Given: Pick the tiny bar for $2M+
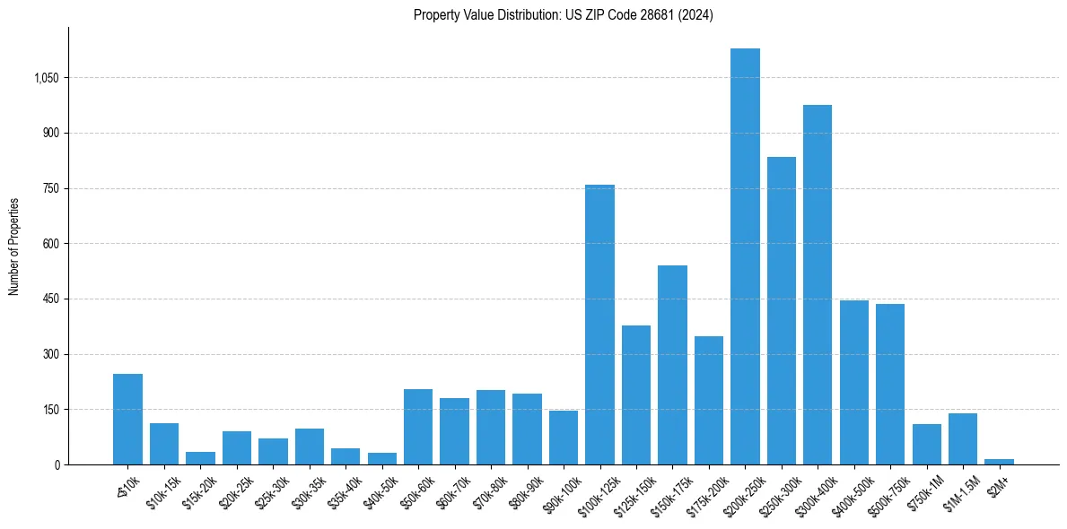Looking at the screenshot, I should pyautogui.click(x=999, y=462).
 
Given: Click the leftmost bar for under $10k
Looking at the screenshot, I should pyautogui.click(x=127, y=420).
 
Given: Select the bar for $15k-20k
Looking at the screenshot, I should pyautogui.click(x=200, y=458).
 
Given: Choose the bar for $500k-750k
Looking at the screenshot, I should pyautogui.click(x=890, y=385).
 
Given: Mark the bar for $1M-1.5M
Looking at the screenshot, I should pyautogui.click(x=963, y=439).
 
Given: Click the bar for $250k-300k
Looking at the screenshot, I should pyautogui.click(x=781, y=311).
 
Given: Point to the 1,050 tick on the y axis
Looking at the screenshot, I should pyautogui.click(x=46, y=78).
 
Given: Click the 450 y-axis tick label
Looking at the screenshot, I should pyautogui.click(x=50, y=299).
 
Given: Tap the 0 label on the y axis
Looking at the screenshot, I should pyautogui.click(x=56, y=464).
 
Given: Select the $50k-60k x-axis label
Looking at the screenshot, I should pyautogui.click(x=415, y=491).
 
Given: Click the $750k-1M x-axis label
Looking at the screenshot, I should pyautogui.click(x=923, y=492).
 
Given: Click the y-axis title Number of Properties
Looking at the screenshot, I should pyautogui.click(x=14, y=247).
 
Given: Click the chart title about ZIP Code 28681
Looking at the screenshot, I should pyautogui.click(x=563, y=15).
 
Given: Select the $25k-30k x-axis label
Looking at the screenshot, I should pyautogui.click(x=270, y=491).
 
